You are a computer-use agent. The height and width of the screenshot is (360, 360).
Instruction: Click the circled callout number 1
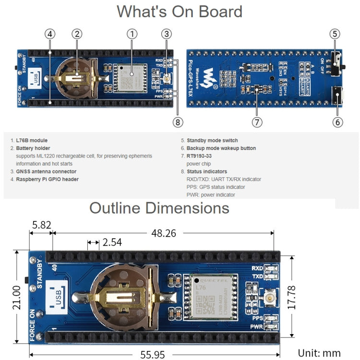(132, 34)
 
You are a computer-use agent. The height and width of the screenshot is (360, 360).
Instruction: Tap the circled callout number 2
(77, 34)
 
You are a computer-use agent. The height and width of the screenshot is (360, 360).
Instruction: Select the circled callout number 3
(167, 34)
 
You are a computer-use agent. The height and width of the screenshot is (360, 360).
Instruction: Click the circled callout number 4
(50, 34)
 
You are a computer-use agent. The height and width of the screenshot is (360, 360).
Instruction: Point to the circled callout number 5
(336, 34)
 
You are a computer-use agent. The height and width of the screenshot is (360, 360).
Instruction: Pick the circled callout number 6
(337, 122)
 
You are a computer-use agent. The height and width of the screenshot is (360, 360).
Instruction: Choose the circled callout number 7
(257, 122)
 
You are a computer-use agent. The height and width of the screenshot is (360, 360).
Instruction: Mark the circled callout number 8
(178, 122)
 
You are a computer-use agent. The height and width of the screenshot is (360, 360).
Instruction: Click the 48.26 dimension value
(164, 233)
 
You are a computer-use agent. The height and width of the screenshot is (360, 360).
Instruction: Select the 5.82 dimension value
(42, 224)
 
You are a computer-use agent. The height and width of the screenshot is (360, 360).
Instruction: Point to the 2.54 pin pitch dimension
(112, 243)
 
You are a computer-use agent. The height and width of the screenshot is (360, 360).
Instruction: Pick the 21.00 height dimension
(17, 297)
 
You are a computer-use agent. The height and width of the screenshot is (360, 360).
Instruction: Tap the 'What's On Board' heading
(180, 12)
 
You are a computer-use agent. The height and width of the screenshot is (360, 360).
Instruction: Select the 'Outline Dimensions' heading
(159, 208)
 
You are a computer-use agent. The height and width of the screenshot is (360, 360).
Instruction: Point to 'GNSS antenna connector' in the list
(46, 171)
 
